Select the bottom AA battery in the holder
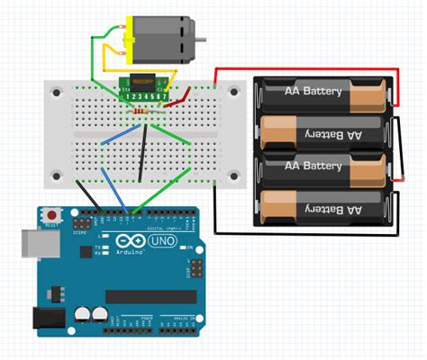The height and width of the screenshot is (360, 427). [x=324, y=208]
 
